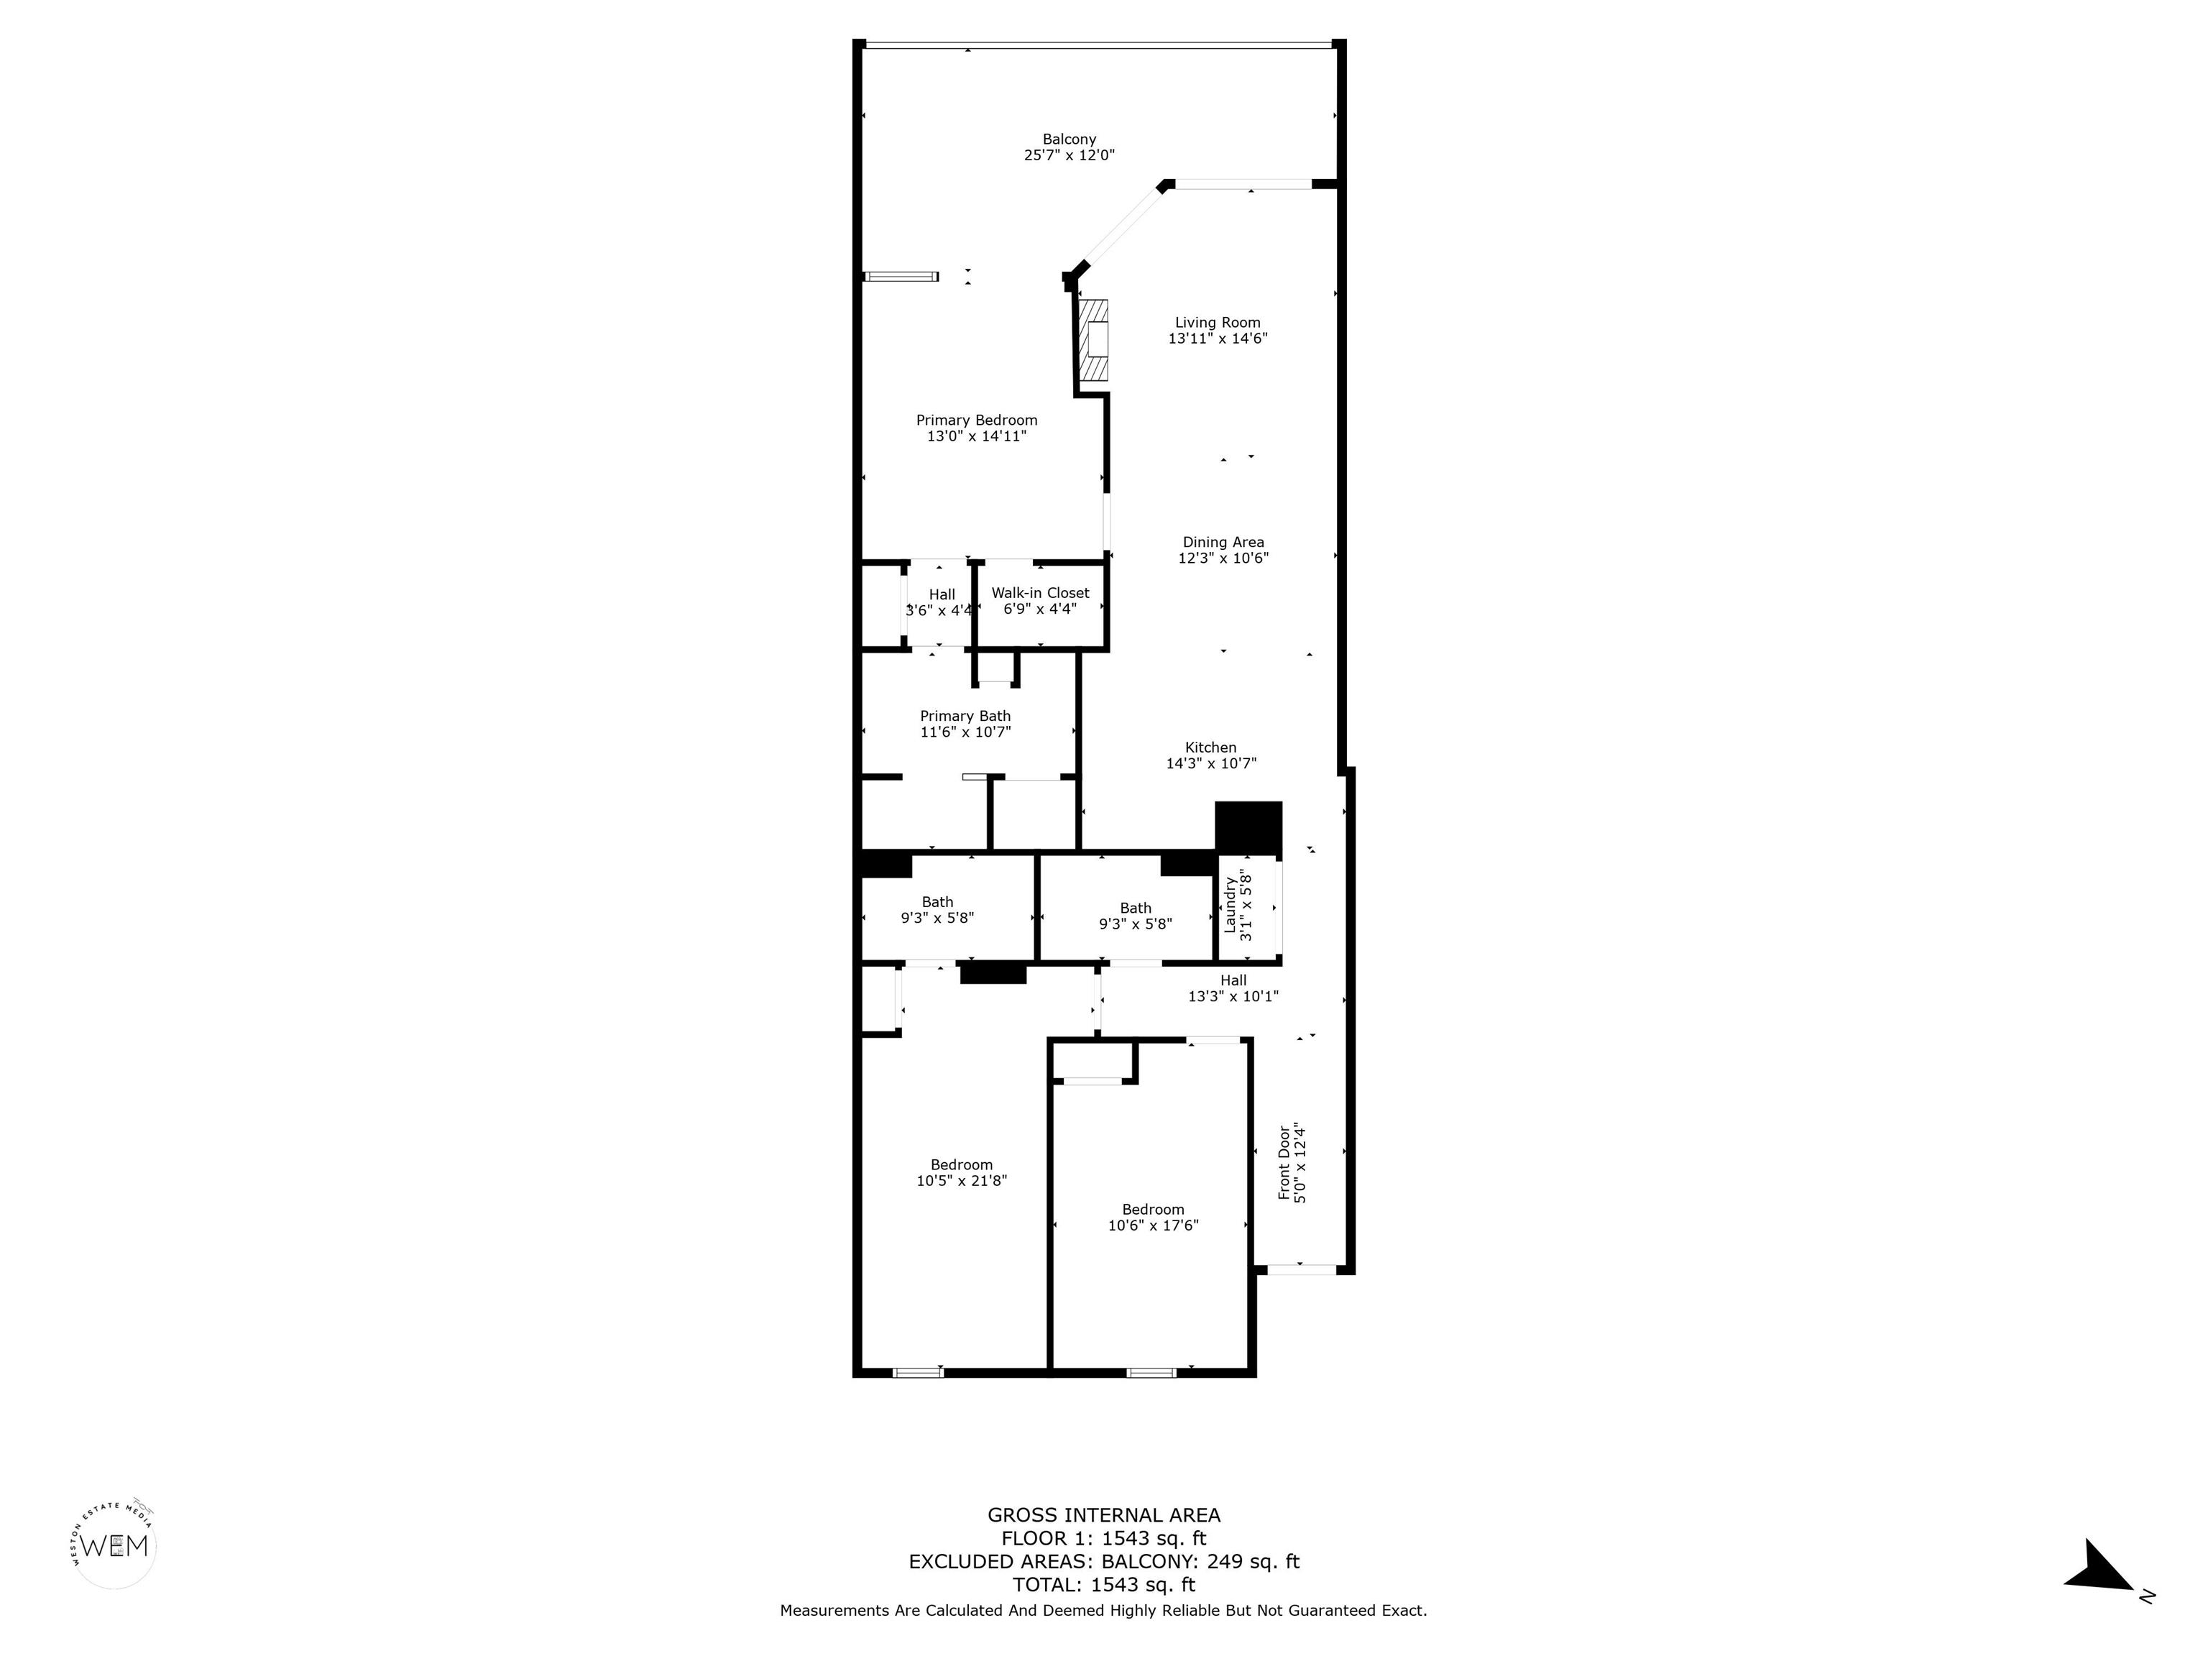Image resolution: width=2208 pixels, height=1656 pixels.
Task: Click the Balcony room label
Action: click(x=1069, y=139)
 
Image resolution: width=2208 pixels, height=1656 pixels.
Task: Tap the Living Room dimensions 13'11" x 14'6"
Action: click(x=1218, y=339)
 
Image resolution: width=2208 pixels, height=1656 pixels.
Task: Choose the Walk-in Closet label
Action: click(x=1040, y=593)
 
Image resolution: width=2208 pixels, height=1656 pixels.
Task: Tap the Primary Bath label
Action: click(x=965, y=716)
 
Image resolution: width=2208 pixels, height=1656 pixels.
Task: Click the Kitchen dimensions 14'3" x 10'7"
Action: click(x=1211, y=763)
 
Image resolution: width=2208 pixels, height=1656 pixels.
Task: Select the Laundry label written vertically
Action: click(x=1230, y=906)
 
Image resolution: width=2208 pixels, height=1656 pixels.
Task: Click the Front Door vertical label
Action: click(x=1284, y=1163)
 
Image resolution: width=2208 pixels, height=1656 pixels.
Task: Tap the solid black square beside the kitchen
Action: click(x=1248, y=827)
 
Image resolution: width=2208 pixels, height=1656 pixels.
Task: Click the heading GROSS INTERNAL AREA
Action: click(x=1103, y=1515)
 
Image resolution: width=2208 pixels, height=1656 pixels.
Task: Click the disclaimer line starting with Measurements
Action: click(x=1103, y=1610)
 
